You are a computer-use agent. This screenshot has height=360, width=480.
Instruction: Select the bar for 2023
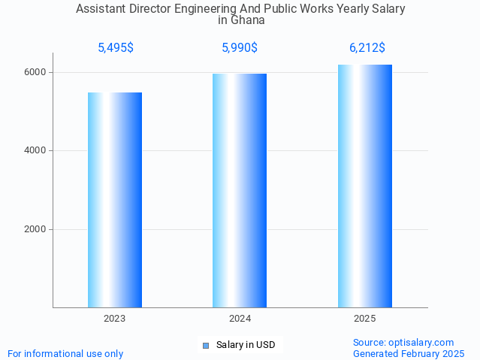point(115,200)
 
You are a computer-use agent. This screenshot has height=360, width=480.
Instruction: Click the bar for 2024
point(240,190)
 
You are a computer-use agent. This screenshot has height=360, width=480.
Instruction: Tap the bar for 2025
point(365,186)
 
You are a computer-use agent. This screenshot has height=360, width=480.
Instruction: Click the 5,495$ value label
point(116,48)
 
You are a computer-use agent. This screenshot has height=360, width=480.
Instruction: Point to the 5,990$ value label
point(240,48)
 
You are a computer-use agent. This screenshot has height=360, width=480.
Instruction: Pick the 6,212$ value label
point(367,48)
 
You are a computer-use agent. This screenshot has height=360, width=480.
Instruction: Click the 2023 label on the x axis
point(115,319)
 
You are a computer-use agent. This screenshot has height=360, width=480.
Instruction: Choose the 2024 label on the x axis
point(240,319)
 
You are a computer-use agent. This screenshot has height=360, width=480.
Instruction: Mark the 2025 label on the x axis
point(365,319)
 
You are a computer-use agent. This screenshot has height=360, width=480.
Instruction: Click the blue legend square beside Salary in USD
point(206,346)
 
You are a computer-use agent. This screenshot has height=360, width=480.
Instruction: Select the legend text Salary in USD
point(246,346)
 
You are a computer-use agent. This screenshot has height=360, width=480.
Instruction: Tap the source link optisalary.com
point(424,343)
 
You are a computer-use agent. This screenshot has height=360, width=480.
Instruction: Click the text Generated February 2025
point(409,354)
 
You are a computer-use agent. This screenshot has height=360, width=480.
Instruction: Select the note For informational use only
point(65,354)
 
